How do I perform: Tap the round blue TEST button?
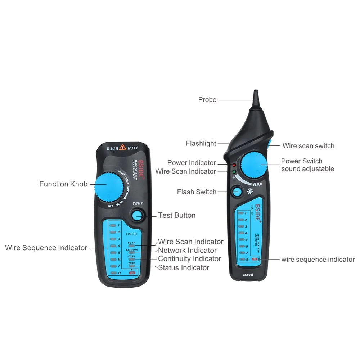click(x=137, y=216)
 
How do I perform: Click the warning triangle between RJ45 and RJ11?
click(x=122, y=147)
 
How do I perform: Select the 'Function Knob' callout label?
click(x=63, y=184)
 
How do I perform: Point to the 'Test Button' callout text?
click(x=177, y=215)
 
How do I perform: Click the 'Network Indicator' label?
click(x=187, y=250)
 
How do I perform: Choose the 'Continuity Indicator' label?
click(x=189, y=259)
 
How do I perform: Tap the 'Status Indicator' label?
click(x=184, y=267)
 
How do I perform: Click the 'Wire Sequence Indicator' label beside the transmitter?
click(x=46, y=248)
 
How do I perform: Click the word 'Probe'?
click(x=207, y=100)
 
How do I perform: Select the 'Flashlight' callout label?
click(x=201, y=144)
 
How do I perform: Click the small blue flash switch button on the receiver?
click(x=237, y=192)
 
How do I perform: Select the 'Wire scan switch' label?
click(x=308, y=146)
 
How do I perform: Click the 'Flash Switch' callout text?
click(x=197, y=192)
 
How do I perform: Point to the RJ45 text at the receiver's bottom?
click(x=248, y=275)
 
